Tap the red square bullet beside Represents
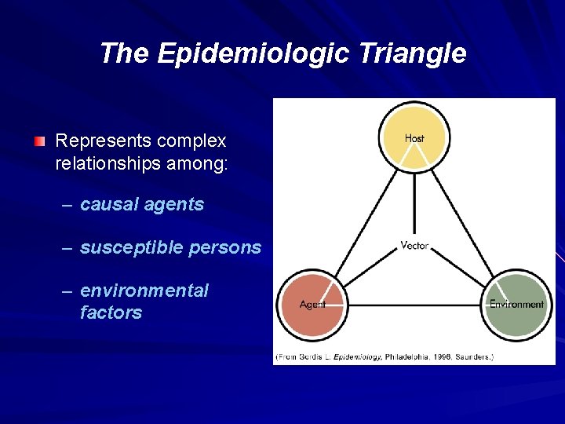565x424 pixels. tap(39, 142)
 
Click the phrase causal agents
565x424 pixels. tap(142, 205)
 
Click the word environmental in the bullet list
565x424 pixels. tap(144, 291)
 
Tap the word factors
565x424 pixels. tap(111, 313)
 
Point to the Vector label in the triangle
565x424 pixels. tap(414, 246)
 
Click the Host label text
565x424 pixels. tap(414, 138)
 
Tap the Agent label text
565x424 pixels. tap(312, 305)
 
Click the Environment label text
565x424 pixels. tap(516, 304)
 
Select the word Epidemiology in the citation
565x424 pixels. tap(358, 357)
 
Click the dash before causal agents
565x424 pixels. tap(68, 206)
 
